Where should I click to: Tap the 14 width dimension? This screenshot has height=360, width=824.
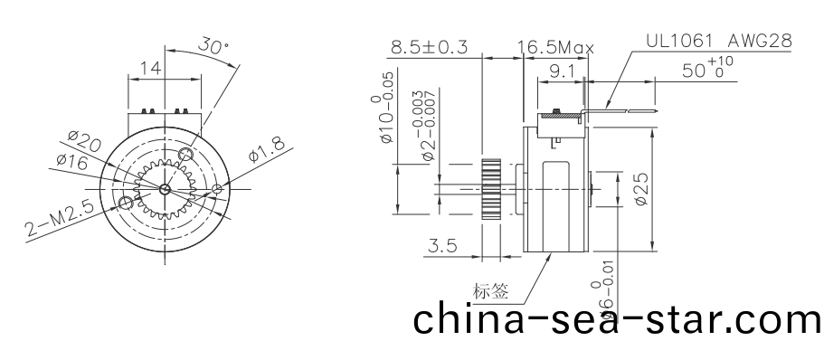point(150,66)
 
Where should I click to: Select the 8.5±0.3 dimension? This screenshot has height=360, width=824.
point(429,48)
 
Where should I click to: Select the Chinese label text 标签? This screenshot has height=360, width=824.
point(490,291)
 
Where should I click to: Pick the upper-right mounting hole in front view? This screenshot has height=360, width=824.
point(186,155)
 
